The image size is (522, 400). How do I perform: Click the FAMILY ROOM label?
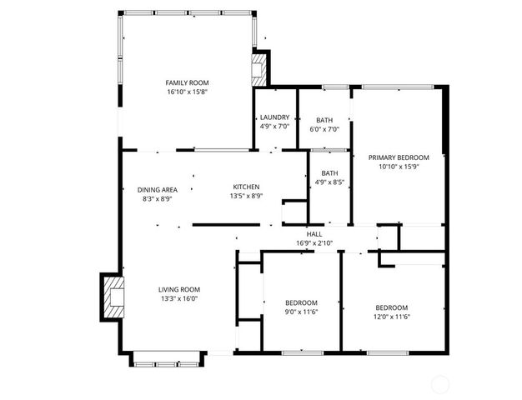click(187, 82)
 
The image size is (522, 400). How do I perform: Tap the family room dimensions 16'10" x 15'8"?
click(187, 92)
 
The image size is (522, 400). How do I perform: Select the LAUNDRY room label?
click(274, 117)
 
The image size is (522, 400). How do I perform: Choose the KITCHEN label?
click(246, 187)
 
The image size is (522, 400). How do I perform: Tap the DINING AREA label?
click(157, 190)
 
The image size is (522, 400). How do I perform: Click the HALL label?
click(314, 234)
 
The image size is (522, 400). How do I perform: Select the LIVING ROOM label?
click(179, 290)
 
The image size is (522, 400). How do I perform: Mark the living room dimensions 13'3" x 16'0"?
click(179, 299)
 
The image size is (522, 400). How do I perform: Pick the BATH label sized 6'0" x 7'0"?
click(324, 120)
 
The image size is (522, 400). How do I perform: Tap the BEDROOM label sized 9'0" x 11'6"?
click(301, 302)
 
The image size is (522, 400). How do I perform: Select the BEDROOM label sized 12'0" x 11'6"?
click(392, 307)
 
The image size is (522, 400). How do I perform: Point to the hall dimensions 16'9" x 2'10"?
click(314, 243)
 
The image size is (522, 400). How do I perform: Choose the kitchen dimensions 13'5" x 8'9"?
click(246, 196)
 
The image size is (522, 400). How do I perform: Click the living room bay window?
click(167, 360)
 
